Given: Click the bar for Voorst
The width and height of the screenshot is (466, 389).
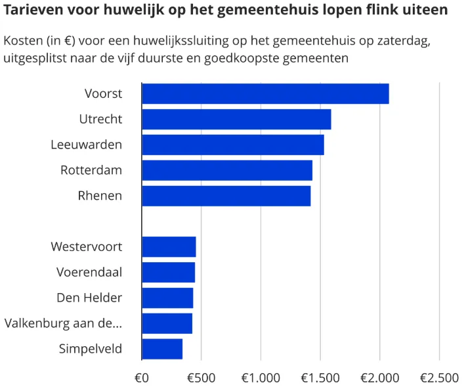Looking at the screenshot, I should (x=265, y=94).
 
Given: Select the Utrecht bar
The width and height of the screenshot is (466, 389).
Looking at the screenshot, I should (x=236, y=120).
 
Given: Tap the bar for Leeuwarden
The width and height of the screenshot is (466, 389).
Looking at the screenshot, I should (x=232, y=145).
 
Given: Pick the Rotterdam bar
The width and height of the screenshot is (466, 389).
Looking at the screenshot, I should (x=227, y=170).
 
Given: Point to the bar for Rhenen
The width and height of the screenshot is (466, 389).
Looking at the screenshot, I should (x=226, y=196).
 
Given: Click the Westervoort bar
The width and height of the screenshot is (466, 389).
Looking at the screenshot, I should (x=169, y=246).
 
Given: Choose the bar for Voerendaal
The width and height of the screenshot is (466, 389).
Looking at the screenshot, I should (x=168, y=272).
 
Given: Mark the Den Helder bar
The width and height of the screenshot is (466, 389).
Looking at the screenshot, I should (x=167, y=298).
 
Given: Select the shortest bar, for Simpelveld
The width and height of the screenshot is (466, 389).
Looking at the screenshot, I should (x=162, y=349).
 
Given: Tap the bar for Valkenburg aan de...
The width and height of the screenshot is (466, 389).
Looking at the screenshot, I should (x=167, y=323).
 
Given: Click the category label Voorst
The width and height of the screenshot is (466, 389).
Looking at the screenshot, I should (x=103, y=94).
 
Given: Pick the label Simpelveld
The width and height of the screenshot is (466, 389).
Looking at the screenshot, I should (x=90, y=349).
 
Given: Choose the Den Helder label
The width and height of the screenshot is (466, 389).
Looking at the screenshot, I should (x=89, y=298).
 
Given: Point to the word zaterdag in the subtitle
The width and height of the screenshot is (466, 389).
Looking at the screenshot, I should (x=404, y=41).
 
